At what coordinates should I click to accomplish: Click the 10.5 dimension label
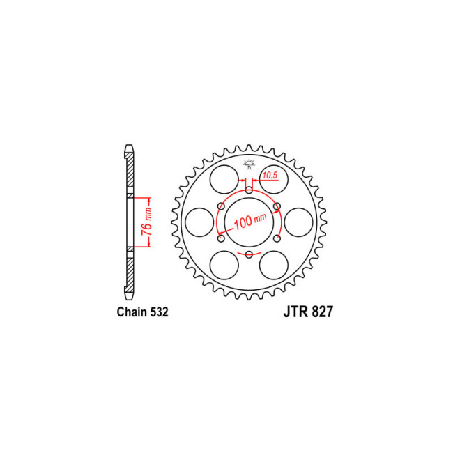point(270,177)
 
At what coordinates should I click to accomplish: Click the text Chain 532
point(142,313)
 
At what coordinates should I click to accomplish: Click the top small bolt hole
point(249,189)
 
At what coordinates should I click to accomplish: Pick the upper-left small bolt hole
point(220,206)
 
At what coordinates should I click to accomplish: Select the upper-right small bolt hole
point(277,206)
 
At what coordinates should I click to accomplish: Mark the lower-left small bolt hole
point(220,239)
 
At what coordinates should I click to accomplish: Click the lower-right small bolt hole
point(277,239)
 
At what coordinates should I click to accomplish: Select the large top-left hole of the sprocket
point(223,177)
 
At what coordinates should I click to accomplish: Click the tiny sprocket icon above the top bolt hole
point(249,165)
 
